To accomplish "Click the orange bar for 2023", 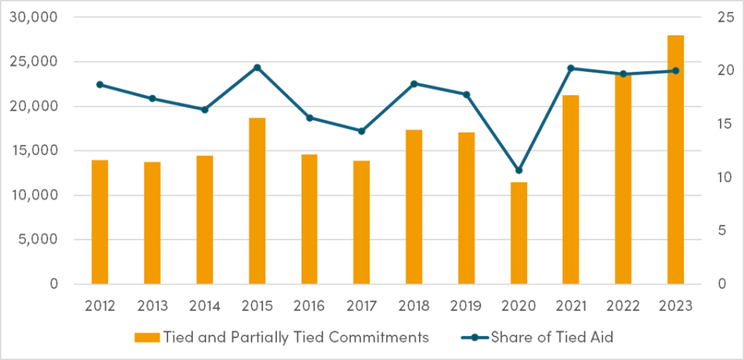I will [676, 160].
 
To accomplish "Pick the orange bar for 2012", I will [100, 222].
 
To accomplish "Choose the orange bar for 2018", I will [414, 207].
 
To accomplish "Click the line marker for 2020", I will [519, 170].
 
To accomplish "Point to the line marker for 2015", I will [257, 68].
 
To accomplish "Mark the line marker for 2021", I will [571, 68].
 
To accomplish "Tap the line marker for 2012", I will [100, 85].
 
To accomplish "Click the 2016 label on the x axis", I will [310, 305].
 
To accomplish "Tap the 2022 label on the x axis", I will [623, 305].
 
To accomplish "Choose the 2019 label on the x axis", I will [466, 305].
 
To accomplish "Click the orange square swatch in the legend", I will [143, 337].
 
